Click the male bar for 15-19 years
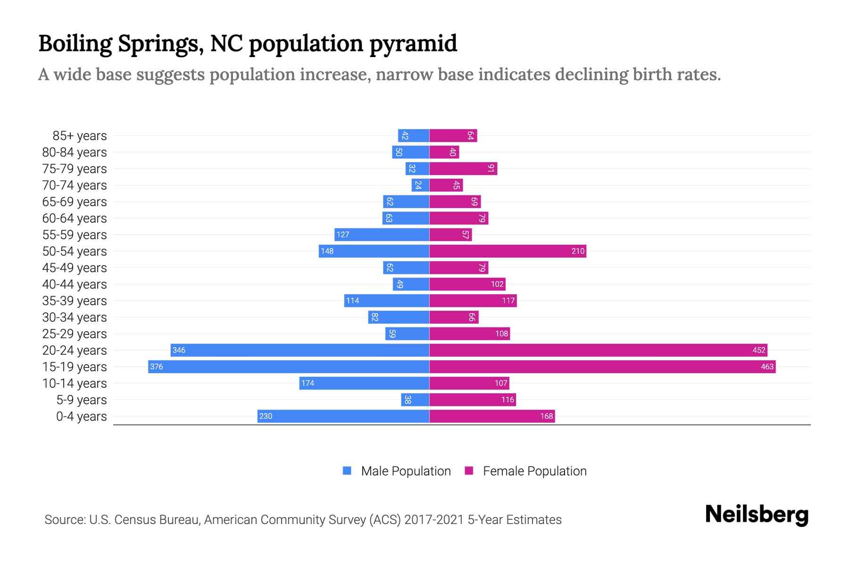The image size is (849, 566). [x=289, y=366]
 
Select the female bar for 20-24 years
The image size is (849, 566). [x=598, y=350]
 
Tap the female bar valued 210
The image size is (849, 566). [x=508, y=251]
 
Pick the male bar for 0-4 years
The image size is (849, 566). [x=343, y=416]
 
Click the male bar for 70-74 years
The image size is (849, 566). [x=420, y=185]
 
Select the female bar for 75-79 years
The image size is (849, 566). [x=463, y=168]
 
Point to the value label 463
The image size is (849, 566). [x=767, y=366]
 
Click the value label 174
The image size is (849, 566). [x=308, y=383]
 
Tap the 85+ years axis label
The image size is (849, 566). [x=80, y=136]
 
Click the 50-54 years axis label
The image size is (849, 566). [x=75, y=251]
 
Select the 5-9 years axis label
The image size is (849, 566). [x=82, y=400]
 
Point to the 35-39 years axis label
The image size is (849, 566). [x=75, y=301]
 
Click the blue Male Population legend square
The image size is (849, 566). [x=347, y=471]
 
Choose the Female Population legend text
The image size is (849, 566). [x=534, y=471]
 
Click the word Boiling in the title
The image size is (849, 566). [x=75, y=44]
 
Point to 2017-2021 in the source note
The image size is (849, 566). [x=434, y=520]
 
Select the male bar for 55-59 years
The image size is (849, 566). [x=382, y=234]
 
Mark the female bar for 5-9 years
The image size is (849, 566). [x=472, y=400]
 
